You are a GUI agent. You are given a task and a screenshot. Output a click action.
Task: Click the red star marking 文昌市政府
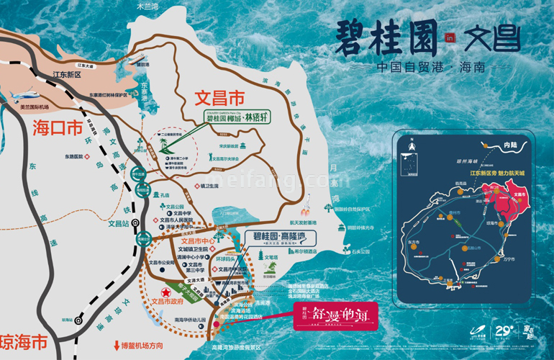click(x=165, y=289)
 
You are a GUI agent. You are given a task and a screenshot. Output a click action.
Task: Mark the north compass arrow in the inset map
click(x=412, y=147)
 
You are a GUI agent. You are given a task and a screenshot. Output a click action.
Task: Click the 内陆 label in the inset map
click(x=511, y=145)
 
